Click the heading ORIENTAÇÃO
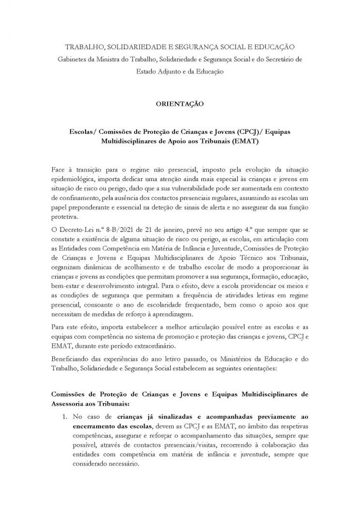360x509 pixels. coord(180,105)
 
